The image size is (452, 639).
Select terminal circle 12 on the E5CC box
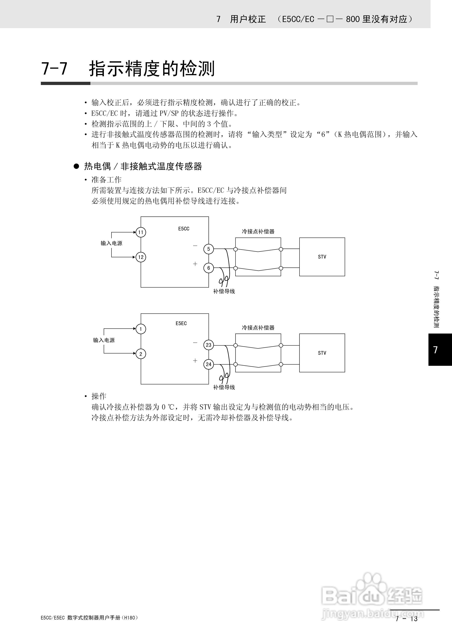[141, 257]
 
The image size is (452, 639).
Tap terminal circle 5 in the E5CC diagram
[209, 249]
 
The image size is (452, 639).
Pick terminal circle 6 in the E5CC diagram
[209, 268]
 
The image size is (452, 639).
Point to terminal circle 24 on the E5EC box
[209, 364]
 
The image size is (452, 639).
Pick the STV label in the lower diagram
[322, 353]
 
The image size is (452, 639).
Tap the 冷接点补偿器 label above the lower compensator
[258, 328]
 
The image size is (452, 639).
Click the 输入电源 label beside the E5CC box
[111, 243]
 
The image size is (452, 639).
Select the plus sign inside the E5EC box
[195, 361]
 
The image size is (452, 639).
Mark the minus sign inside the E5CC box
[195, 246]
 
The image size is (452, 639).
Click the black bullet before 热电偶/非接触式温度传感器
[76, 166]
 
